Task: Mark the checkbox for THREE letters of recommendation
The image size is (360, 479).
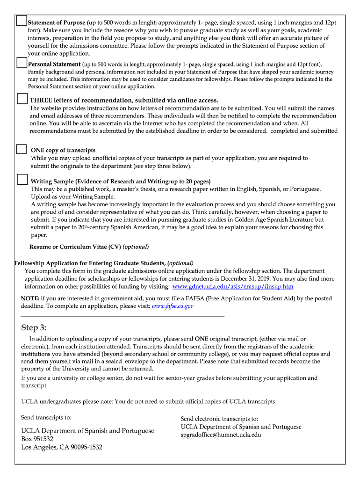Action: click(x=22, y=99)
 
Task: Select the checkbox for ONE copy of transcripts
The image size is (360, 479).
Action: click(x=22, y=149)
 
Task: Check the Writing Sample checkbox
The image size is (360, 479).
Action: click(x=22, y=180)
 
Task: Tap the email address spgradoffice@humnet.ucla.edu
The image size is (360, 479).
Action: click(x=221, y=435)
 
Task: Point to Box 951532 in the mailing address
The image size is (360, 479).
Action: click(x=37, y=439)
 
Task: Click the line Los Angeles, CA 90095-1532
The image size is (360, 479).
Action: click(x=62, y=447)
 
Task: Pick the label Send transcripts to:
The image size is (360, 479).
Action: click(x=46, y=417)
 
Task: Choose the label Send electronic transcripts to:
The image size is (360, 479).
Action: click(x=219, y=419)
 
